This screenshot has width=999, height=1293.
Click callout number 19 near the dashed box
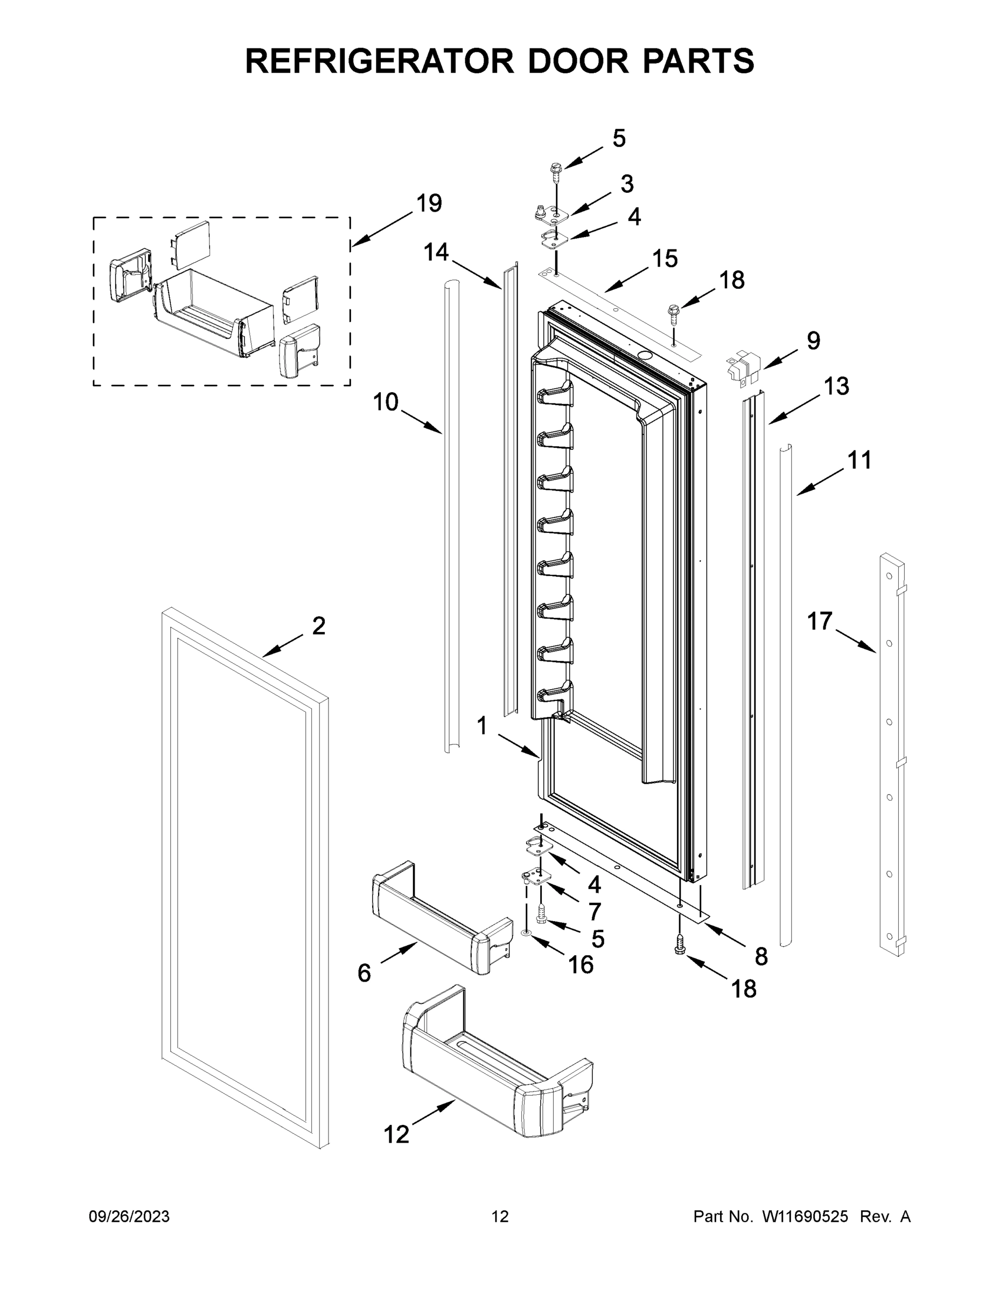pyautogui.click(x=429, y=203)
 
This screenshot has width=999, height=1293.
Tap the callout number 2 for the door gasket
pyautogui.click(x=318, y=626)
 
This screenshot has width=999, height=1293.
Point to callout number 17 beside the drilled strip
pyautogui.click(x=820, y=622)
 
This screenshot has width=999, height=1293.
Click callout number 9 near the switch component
pyautogui.click(x=814, y=340)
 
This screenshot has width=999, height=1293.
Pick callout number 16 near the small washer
pyautogui.click(x=581, y=965)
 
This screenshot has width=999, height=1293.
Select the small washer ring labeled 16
pyautogui.click(x=526, y=933)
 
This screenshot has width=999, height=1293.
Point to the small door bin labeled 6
pyautogui.click(x=441, y=917)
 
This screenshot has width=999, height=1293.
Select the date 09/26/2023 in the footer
pyautogui.click(x=129, y=1216)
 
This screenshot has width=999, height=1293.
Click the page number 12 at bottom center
pyautogui.click(x=500, y=1216)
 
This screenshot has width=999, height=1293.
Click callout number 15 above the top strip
pyautogui.click(x=665, y=259)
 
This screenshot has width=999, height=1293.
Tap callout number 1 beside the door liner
pyautogui.click(x=482, y=725)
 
